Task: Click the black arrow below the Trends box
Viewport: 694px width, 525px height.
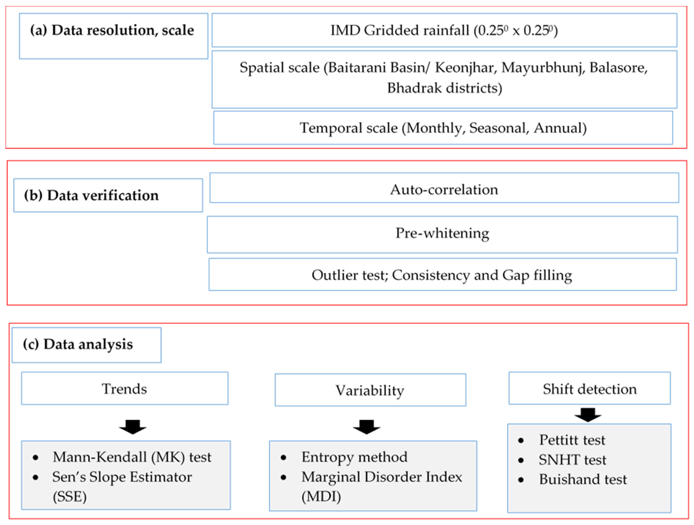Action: point(133,427)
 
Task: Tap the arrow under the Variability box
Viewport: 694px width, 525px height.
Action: point(367,427)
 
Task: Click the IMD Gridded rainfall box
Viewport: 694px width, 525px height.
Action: point(444,30)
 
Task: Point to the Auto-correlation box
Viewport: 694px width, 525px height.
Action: point(444,188)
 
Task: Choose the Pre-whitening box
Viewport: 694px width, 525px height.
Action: point(442,234)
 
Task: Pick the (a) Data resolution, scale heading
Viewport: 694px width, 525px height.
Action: point(112,30)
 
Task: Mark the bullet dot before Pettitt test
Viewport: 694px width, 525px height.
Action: point(521,441)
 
